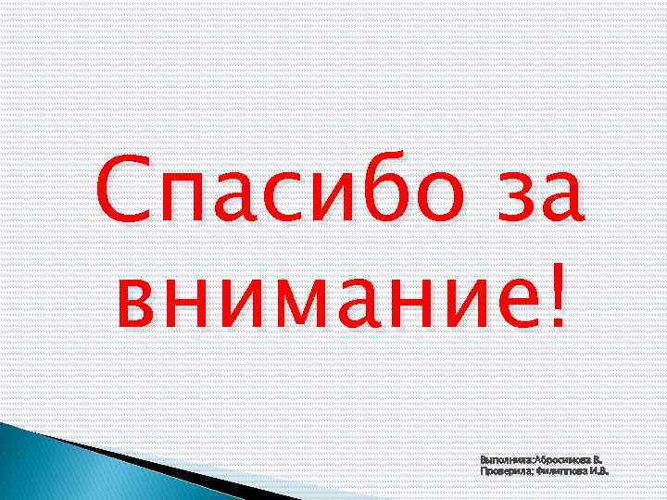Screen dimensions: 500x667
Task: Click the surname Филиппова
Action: click(561, 470)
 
